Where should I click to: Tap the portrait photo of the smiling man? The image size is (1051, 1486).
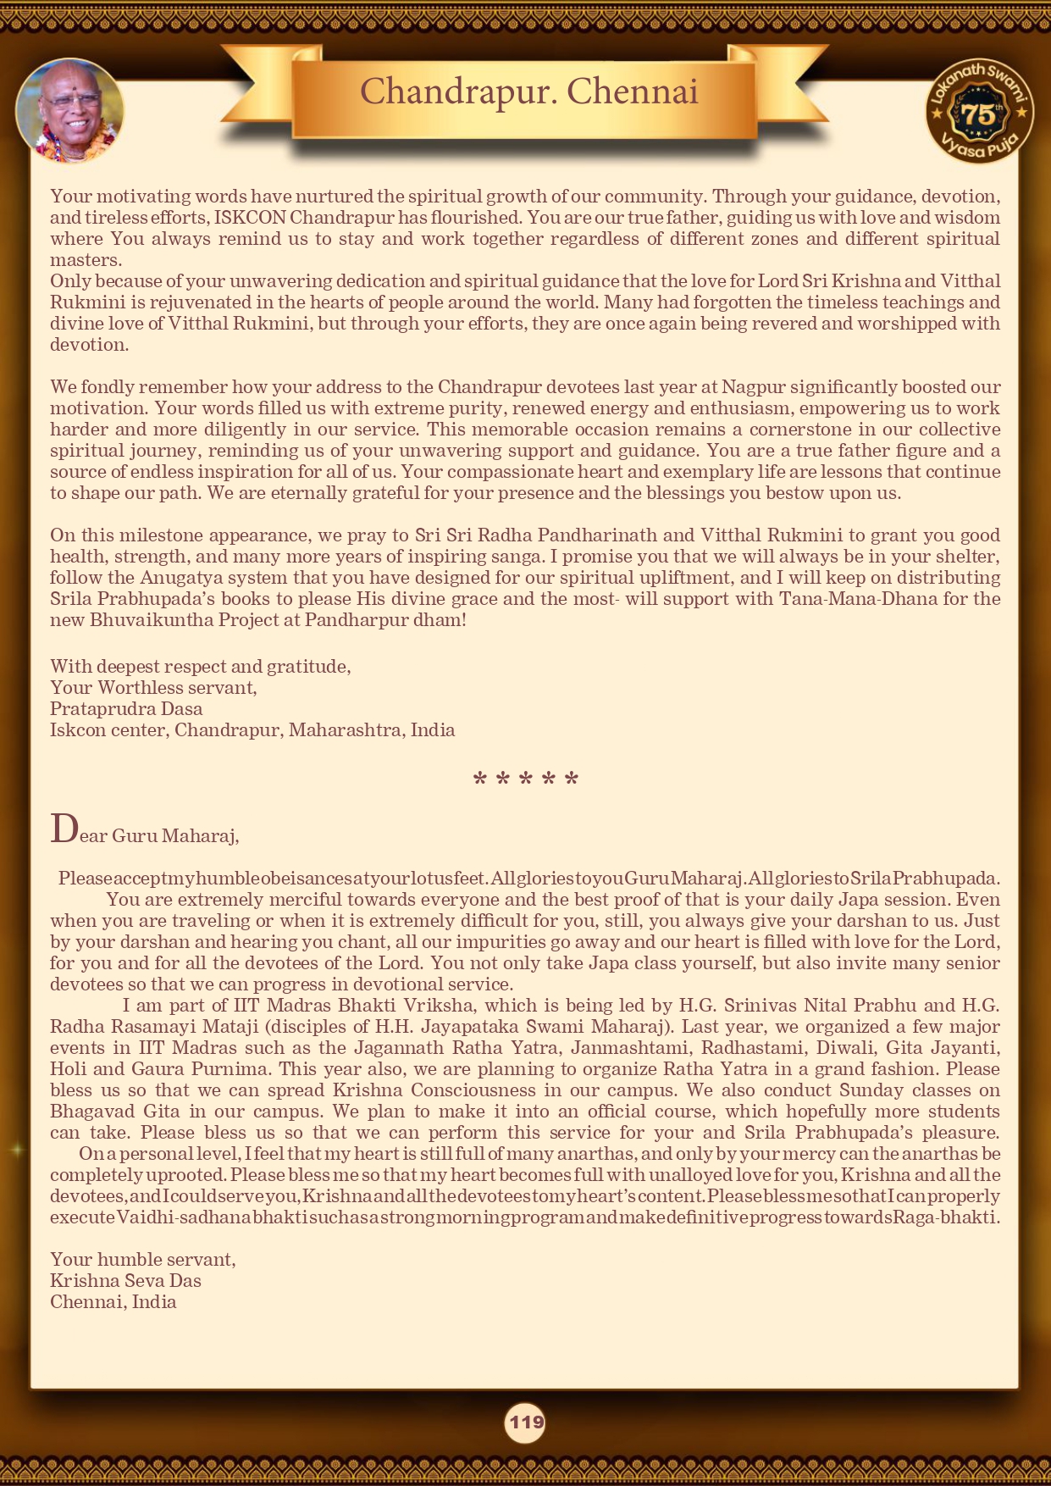click(x=69, y=110)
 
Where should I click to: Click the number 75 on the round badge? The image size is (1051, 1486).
click(x=978, y=114)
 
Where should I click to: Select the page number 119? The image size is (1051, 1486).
click(x=525, y=1422)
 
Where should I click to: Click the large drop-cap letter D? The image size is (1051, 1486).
click(x=64, y=829)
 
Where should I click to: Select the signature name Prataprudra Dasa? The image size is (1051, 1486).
click(x=126, y=709)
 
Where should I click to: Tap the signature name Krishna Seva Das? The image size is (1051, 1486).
click(x=125, y=1281)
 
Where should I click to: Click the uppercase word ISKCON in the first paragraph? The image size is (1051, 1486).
click(x=250, y=218)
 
